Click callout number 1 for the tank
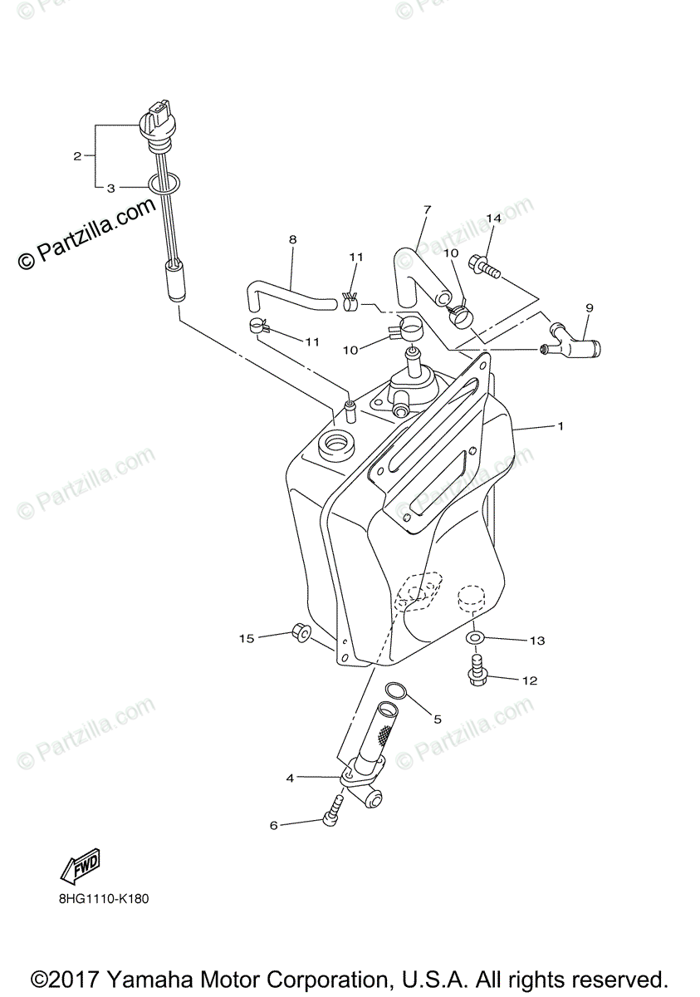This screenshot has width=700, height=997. [561, 426]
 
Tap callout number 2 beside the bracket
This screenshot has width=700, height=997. [77, 155]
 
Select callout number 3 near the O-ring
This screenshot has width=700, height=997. [110, 189]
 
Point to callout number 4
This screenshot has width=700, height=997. [290, 778]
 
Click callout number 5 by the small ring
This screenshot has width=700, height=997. [438, 719]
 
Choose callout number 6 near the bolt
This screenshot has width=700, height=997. [273, 825]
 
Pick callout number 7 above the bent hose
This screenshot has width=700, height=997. [427, 209]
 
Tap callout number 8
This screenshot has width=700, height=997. [292, 239]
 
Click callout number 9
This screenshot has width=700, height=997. [589, 308]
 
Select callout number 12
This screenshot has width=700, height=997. [530, 680]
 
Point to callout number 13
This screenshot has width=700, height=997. [537, 641]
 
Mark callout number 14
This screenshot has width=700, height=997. [493, 218]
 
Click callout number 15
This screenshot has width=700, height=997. [247, 638]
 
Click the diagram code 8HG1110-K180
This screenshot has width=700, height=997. [104, 898]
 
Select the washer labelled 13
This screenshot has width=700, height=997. [473, 637]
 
